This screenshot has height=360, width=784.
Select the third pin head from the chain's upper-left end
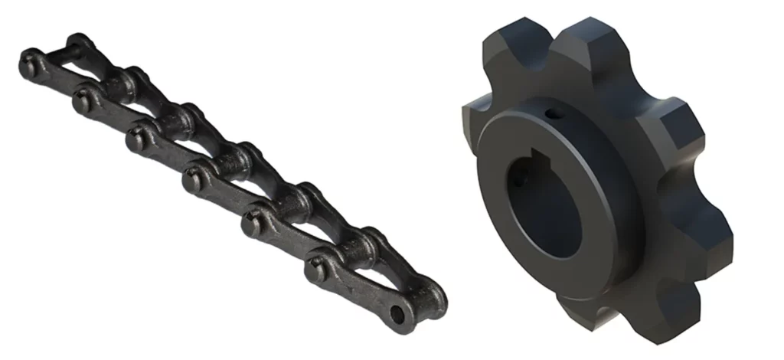pyautogui.click(x=136, y=139)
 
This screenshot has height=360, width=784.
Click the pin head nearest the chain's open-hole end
pyautogui.click(x=315, y=267)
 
